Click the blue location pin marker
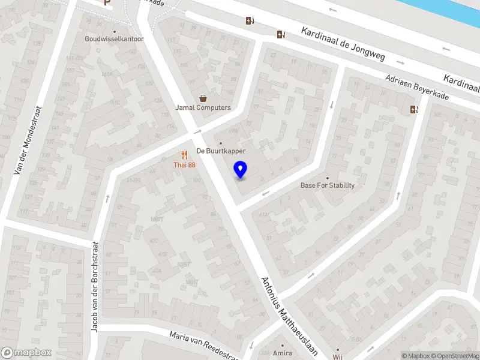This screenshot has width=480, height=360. (x=241, y=170)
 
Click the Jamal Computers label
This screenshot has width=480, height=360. (x=203, y=108)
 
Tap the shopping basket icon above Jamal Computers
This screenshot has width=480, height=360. (x=203, y=98)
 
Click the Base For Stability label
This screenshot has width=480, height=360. (x=327, y=185)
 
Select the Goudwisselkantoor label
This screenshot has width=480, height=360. (x=114, y=39)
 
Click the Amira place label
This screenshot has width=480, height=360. (x=282, y=353)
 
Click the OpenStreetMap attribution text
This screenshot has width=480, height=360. (x=455, y=356)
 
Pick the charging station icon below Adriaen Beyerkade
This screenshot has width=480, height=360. (x=413, y=109)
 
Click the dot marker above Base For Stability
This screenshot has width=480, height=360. (x=327, y=178)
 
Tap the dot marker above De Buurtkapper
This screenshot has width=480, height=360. (x=221, y=143)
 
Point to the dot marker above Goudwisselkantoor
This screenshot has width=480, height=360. (x=114, y=31)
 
